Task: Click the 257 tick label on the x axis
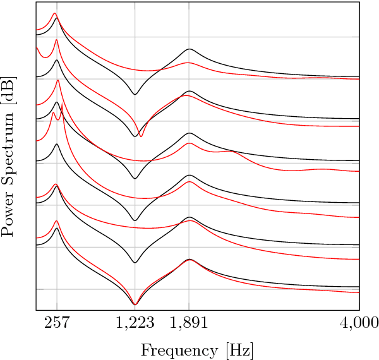pyautogui.click(x=57, y=323)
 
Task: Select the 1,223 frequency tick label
pyautogui.click(x=135, y=323)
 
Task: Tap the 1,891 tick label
pyautogui.click(x=189, y=323)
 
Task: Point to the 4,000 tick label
pyautogui.click(x=359, y=323)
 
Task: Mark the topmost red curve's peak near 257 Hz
pyautogui.click(x=54, y=13)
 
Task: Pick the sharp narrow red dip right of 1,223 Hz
pyautogui.click(x=141, y=136)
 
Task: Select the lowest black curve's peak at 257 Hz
pyautogui.click(x=56, y=229)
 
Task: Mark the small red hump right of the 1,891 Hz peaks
pyautogui.click(x=231, y=152)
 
